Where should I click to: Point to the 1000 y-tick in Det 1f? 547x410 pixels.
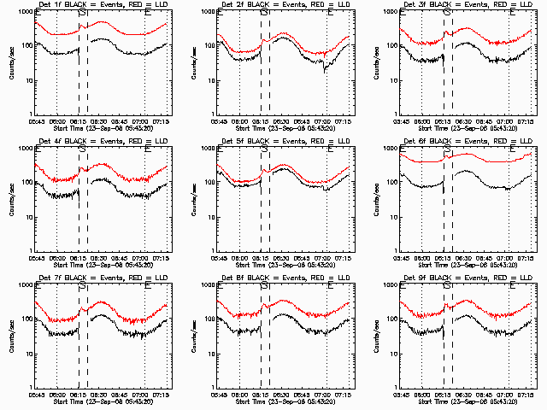tap(26, 12)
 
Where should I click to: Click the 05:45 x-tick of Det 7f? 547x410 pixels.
tap(38, 393)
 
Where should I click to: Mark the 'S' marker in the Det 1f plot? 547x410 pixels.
tap(82, 15)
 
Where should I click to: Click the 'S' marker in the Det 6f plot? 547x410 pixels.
tap(448, 151)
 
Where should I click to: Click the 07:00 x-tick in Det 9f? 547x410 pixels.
tap(509, 393)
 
